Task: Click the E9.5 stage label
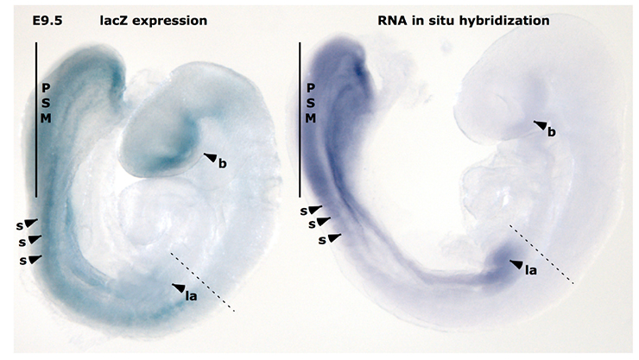pos(47,21)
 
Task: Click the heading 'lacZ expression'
pos(154,21)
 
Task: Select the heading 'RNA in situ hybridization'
pos(464,21)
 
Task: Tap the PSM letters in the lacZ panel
pos(46,103)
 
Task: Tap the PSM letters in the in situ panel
pos(311,103)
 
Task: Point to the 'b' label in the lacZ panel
pos(222,164)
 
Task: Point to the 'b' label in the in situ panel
pos(552,132)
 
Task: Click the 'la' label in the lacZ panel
pos(191,295)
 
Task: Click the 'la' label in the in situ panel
pos(530,270)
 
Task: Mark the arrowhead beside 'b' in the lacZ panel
pos(211,158)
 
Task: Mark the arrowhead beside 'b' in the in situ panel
pos(541,125)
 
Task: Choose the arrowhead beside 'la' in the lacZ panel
pos(179,287)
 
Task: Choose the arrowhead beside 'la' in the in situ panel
pos(516,264)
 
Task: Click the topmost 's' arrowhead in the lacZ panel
pos(31,223)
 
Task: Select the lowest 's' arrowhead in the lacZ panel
pos(35,259)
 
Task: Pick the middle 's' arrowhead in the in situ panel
pos(324,222)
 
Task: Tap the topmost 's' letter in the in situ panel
pos(304,212)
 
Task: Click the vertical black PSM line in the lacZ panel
pos(36,120)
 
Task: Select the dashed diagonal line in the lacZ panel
pos(203,281)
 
